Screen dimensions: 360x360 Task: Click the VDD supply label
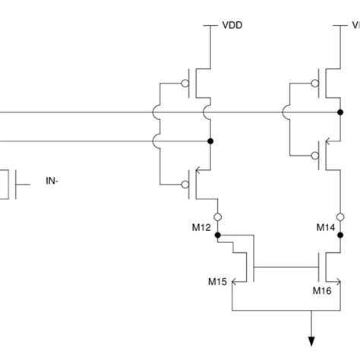[x=232, y=24]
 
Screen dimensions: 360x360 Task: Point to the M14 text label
[x=325, y=227]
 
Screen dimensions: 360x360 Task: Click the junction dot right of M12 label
[x=218, y=235]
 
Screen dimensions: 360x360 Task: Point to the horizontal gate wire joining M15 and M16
[x=285, y=267]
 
